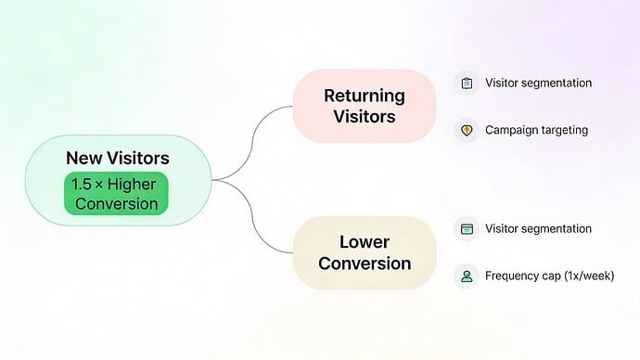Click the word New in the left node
tap(83, 159)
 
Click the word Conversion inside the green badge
tap(116, 203)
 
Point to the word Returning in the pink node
tap(365, 96)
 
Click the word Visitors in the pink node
tap(365, 117)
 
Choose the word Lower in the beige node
tap(365, 242)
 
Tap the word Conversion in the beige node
tap(365, 264)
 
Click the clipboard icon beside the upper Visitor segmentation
tap(467, 83)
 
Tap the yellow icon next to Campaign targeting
tap(467, 130)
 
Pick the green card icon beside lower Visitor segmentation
tap(467, 228)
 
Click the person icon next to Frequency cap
tap(467, 276)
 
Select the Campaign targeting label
tap(536, 130)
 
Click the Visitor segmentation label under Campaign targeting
tap(538, 228)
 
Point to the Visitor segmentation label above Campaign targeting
tap(538, 83)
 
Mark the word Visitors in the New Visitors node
tap(137, 159)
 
